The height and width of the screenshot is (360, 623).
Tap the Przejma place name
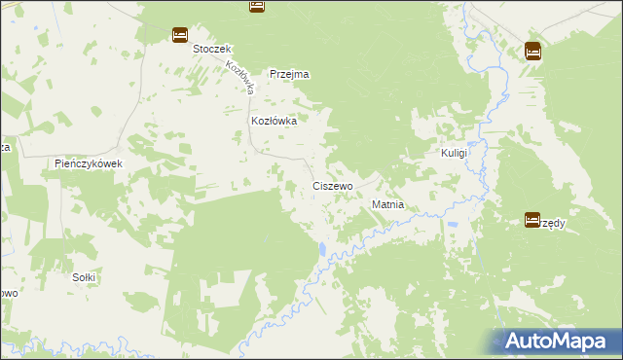click(x=289, y=74)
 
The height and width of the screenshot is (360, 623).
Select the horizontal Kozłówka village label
click(x=274, y=121)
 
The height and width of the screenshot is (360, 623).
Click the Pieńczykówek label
click(x=88, y=163)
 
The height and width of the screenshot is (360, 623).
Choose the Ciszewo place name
click(x=332, y=185)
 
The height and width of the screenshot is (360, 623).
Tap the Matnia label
click(x=387, y=206)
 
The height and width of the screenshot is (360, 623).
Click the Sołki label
click(x=84, y=277)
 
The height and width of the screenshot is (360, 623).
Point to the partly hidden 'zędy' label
click(x=554, y=223)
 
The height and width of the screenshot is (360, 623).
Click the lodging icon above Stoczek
click(x=180, y=35)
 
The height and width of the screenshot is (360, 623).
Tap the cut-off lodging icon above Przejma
click(x=256, y=5)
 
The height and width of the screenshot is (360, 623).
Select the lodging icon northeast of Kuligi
click(x=532, y=51)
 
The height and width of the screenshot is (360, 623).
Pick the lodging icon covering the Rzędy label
click(x=532, y=221)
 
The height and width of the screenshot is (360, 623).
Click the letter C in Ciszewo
click(x=316, y=185)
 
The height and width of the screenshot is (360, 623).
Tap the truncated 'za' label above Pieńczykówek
click(x=5, y=147)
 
